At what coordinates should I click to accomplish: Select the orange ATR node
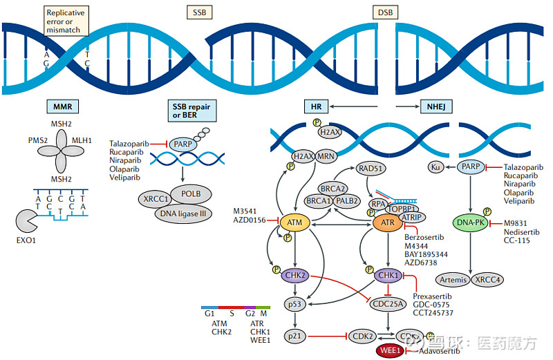point(387,222)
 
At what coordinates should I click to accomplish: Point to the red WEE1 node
point(389,350)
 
